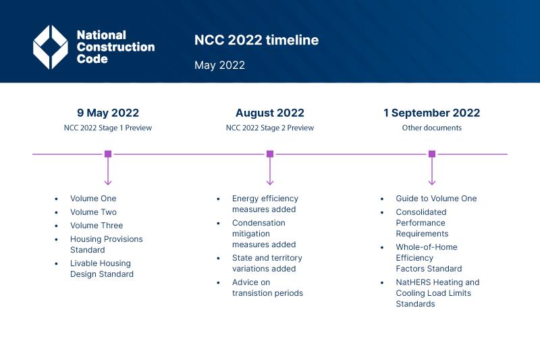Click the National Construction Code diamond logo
point(51,47)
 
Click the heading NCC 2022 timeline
point(256,41)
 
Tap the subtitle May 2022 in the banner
point(219,66)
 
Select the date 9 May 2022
point(108,113)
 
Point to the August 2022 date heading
point(270,113)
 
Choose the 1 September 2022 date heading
point(432,113)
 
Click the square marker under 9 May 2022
point(108,154)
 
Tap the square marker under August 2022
point(270,154)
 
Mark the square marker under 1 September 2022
point(432,154)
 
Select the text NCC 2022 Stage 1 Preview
point(108,128)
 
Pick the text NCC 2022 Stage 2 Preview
point(270,128)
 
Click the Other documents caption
point(432,128)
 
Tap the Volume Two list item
point(93,212)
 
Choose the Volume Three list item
point(97,226)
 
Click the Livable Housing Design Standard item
point(101,269)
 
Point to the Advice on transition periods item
point(267,288)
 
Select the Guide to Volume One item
point(436,199)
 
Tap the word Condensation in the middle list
point(259,223)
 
